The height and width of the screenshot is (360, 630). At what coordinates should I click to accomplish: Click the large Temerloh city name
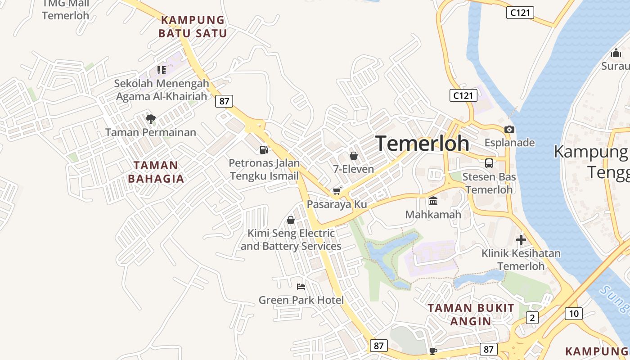pos(422,143)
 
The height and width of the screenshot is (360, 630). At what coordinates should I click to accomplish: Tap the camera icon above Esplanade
pos(509,129)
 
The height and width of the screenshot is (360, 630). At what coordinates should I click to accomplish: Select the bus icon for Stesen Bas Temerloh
pos(489,163)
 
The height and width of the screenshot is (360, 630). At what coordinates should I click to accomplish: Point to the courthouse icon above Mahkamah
pos(433,201)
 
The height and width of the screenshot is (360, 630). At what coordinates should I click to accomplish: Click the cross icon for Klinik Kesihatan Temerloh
pos(521,240)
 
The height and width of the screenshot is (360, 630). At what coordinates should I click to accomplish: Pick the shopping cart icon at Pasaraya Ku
pos(337,191)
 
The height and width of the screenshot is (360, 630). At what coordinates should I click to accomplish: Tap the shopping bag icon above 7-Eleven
pos(354,156)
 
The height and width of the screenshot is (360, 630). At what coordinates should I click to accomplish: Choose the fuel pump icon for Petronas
pos(264,150)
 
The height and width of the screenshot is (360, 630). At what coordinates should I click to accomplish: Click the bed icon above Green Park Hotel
pos(301,286)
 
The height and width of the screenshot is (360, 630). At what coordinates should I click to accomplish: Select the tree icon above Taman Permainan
pos(151,119)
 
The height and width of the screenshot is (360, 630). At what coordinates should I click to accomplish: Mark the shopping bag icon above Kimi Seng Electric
pos(291,220)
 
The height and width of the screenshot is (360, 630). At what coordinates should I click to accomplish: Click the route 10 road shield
pos(573,313)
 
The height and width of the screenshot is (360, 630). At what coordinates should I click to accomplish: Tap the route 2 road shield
pos(532,318)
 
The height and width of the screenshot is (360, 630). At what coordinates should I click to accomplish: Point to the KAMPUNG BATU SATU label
pos(193,27)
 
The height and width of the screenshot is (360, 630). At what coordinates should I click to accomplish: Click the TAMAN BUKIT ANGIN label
pos(471,315)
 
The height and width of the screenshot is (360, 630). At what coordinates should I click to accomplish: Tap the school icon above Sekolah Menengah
pos(161,70)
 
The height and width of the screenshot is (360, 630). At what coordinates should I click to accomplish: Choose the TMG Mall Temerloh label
pos(66,10)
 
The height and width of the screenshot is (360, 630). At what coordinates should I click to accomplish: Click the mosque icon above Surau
pos(616,53)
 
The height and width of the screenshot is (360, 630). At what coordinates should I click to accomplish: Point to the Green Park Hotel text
pos(301,300)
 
